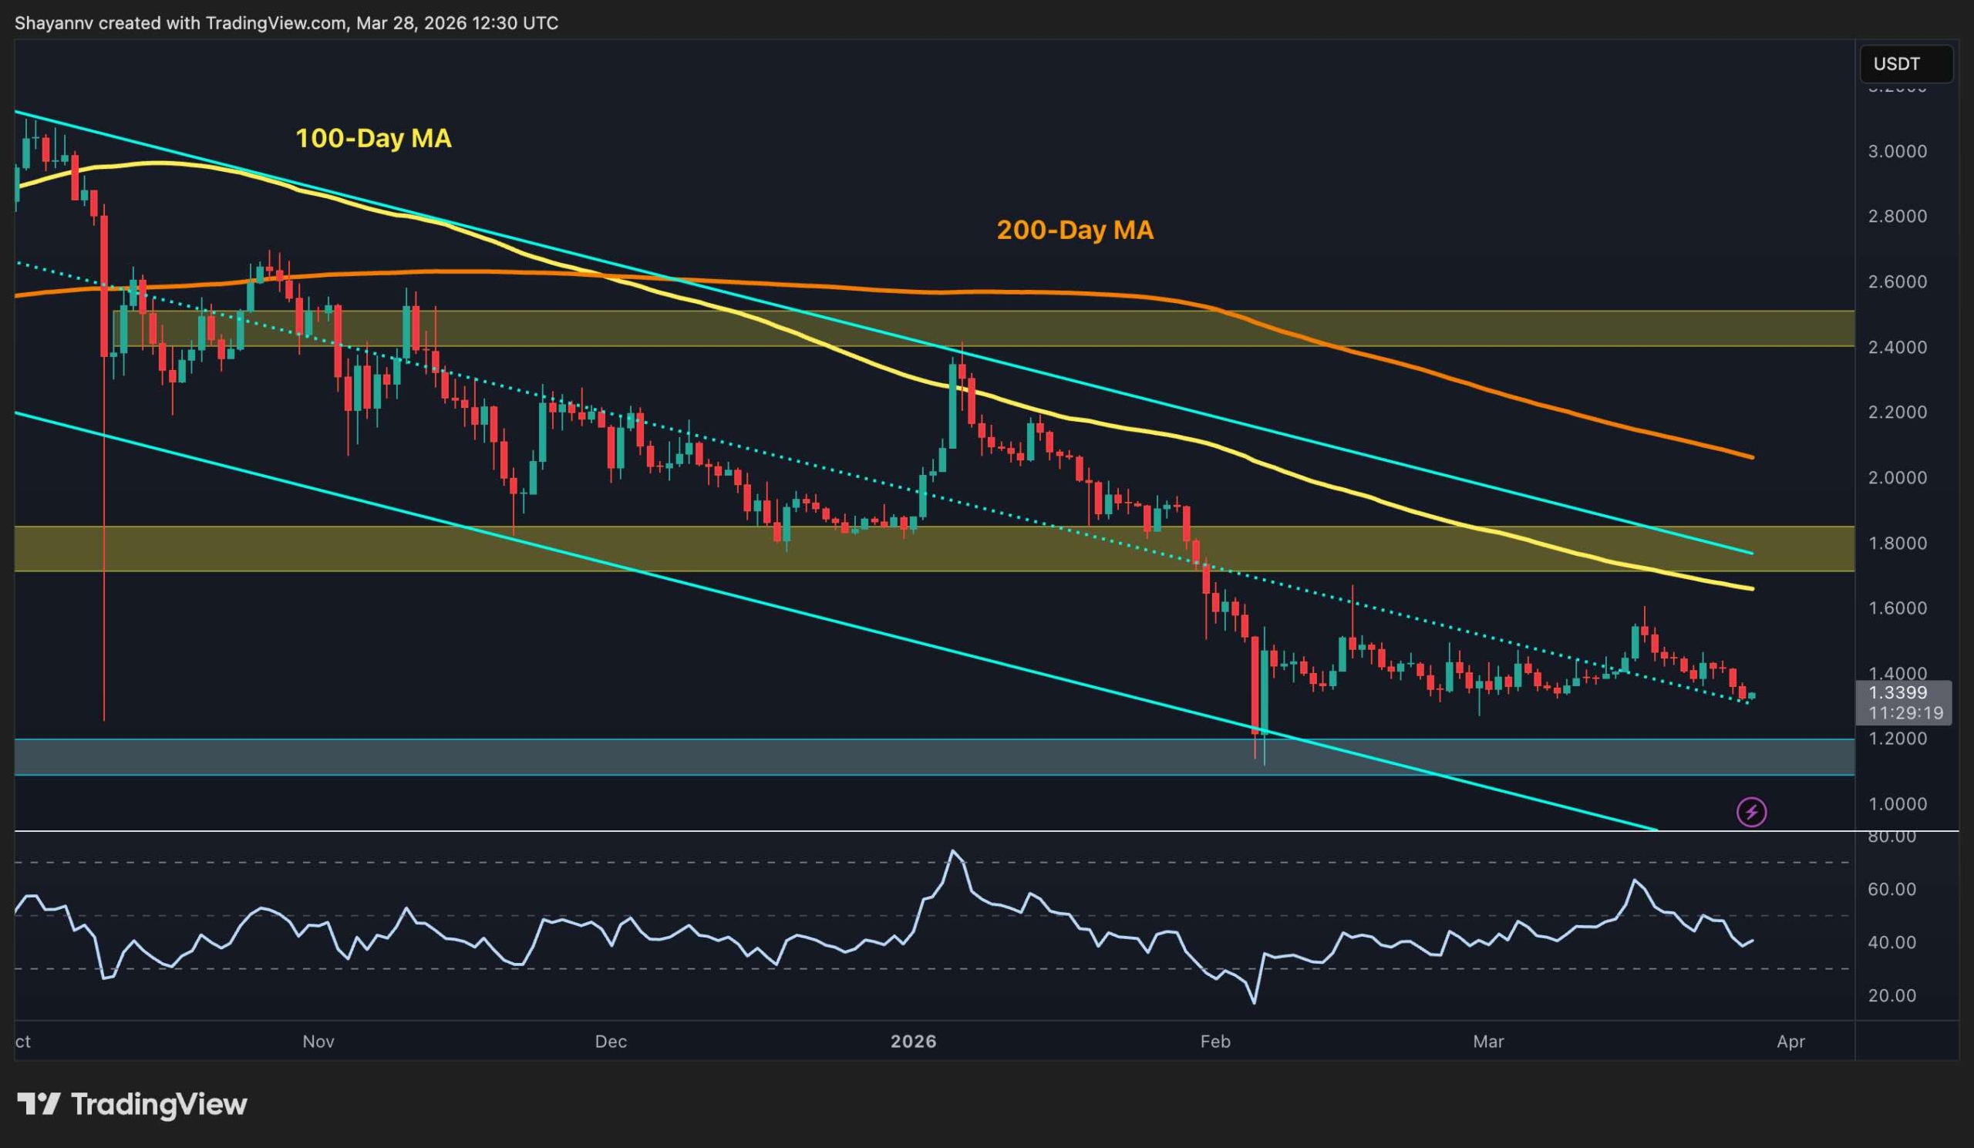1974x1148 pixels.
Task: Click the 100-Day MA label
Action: (373, 140)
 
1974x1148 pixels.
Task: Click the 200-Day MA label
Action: (1075, 231)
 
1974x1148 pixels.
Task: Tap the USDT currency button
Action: (1895, 64)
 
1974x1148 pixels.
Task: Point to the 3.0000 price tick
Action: (1897, 151)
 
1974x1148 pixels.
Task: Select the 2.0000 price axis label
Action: (1897, 478)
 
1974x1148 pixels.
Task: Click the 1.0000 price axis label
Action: (1897, 804)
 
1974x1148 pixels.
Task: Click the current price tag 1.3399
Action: (1897, 692)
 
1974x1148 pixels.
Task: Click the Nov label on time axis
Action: (318, 1042)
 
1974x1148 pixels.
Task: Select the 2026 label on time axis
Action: (914, 1042)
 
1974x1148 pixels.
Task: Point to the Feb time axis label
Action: (1215, 1042)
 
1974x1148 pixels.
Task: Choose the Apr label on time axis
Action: (1790, 1042)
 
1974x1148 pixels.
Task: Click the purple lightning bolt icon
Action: (1751, 812)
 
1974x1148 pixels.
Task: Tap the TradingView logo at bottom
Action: (132, 1105)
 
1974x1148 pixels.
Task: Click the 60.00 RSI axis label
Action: (1891, 890)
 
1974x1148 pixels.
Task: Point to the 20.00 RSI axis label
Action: (1891, 995)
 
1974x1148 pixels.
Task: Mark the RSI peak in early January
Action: (952, 850)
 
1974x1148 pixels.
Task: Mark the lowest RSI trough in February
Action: (1254, 1003)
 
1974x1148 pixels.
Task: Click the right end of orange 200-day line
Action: (1751, 457)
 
